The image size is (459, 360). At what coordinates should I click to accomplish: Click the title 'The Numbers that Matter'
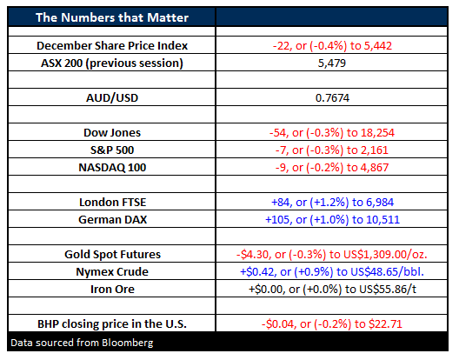click(112, 17)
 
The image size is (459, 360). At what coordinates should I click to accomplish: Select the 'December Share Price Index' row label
click(112, 46)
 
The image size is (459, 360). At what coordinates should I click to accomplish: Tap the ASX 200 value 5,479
click(332, 63)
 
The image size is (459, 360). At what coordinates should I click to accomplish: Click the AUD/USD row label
click(112, 98)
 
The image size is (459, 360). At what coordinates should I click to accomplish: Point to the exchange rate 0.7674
click(332, 98)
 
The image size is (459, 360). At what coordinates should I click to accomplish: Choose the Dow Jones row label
click(112, 133)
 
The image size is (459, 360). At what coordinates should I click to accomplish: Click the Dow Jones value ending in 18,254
click(332, 133)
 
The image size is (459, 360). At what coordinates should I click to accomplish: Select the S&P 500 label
click(112, 150)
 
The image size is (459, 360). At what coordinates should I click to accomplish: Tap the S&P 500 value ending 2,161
click(332, 150)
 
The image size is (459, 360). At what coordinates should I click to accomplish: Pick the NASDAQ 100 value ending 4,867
click(332, 168)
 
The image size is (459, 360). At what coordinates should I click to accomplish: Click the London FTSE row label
click(112, 202)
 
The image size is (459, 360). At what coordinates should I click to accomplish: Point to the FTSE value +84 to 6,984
click(332, 202)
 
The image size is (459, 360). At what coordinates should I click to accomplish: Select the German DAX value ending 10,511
click(332, 220)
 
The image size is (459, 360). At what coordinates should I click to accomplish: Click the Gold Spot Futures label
click(112, 254)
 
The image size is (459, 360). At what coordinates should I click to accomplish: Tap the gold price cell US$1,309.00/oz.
click(332, 254)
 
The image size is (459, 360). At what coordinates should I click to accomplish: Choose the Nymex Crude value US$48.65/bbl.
click(332, 272)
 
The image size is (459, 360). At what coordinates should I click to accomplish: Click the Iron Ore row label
click(112, 289)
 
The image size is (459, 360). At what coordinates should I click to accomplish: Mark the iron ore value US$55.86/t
click(332, 289)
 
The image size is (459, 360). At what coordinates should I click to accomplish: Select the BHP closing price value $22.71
click(332, 324)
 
